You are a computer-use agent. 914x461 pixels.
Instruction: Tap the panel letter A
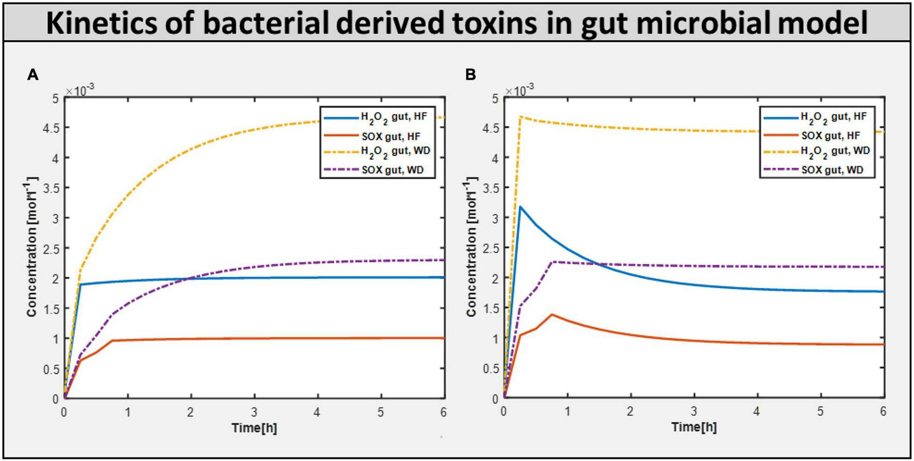pos(32,75)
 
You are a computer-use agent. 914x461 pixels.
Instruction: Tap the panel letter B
pos(470,75)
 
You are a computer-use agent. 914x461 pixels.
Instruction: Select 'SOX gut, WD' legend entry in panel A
pos(392,170)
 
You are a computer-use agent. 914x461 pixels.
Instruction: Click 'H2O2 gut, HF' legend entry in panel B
pos(833,117)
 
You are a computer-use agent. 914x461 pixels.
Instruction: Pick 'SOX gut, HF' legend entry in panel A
pos(390,136)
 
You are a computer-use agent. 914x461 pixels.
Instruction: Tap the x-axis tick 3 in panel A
pos(254,412)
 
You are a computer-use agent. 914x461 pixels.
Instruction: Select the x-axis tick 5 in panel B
pos(820,412)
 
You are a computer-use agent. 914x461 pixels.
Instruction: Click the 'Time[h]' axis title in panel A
pos(254,427)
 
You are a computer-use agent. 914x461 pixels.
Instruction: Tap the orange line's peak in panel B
pos(552,314)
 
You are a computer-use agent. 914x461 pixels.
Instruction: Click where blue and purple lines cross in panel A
pos(190,279)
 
